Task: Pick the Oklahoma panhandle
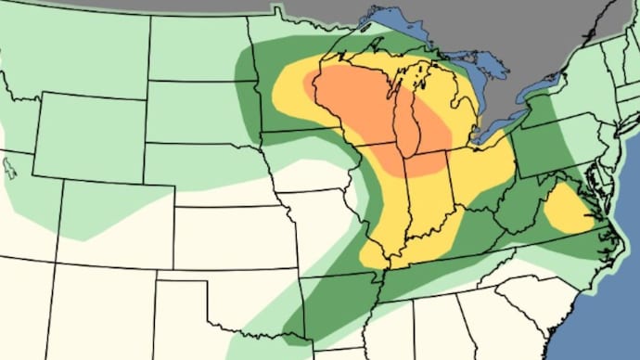pos(186,279)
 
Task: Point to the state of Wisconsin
pos(357,102)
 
